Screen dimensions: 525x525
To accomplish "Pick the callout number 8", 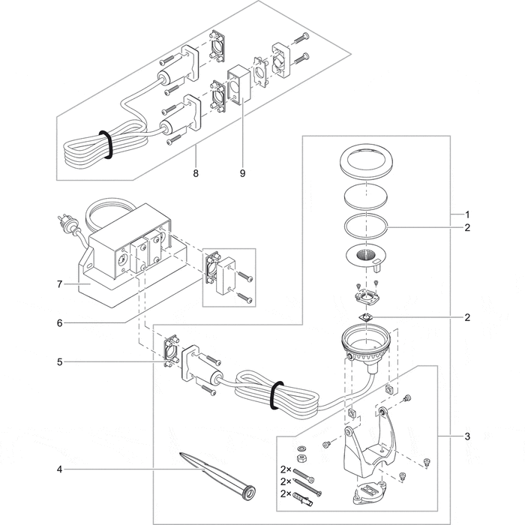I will click(196, 173).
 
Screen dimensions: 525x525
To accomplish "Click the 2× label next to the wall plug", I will click(284, 493).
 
